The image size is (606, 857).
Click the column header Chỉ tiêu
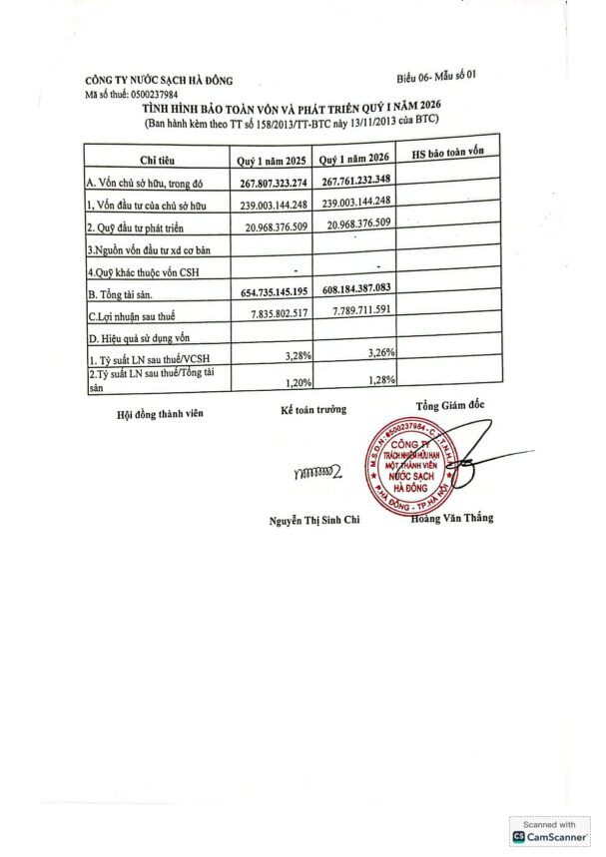click(159, 161)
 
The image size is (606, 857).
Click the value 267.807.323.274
click(274, 183)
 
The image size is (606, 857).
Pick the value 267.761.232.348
click(356, 180)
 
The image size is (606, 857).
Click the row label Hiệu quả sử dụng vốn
click(145, 337)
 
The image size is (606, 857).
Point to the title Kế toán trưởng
click(312, 409)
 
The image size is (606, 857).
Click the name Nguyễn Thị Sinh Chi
click(312, 520)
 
